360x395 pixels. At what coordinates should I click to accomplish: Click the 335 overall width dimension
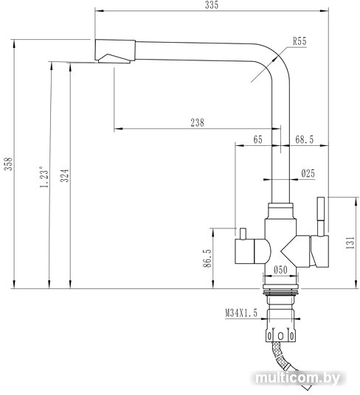pyautogui.click(x=212, y=5)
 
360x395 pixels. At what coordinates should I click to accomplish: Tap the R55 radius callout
pyautogui.click(x=300, y=41)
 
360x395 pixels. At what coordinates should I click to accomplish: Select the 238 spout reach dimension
pyautogui.click(x=197, y=122)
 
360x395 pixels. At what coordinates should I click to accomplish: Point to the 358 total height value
pyautogui.click(x=9, y=164)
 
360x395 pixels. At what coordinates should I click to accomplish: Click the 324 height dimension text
pyautogui.click(x=65, y=175)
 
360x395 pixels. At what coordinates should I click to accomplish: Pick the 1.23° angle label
pyautogui.click(x=44, y=177)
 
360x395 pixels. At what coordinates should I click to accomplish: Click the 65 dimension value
pyautogui.click(x=257, y=139)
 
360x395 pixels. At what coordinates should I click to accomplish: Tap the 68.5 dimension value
pyautogui.click(x=304, y=139)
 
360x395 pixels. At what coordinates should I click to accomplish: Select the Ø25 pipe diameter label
pyautogui.click(x=308, y=173)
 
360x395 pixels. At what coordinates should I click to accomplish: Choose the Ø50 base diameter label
pyautogui.click(x=280, y=270)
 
